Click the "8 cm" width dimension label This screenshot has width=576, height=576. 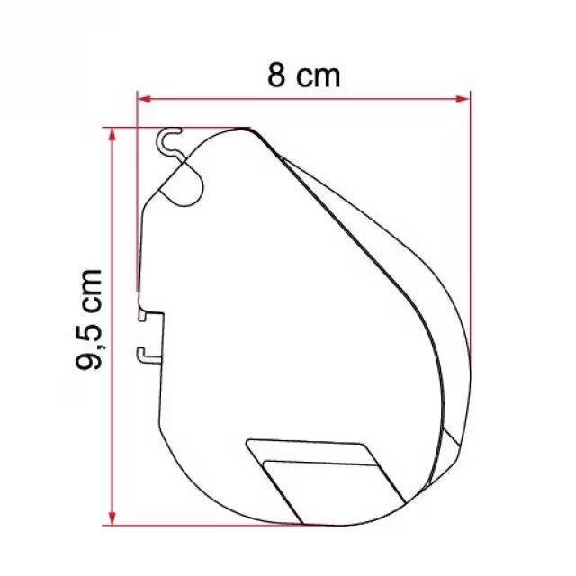304,76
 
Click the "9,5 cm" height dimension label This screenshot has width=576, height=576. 88,319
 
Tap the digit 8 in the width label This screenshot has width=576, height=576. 276,76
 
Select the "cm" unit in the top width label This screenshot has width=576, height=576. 318,77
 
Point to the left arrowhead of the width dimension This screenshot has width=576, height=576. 144,98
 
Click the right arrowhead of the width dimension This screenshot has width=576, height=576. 463,98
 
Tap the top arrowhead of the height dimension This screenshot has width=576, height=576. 112,135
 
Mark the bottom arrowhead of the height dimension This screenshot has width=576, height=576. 112,518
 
